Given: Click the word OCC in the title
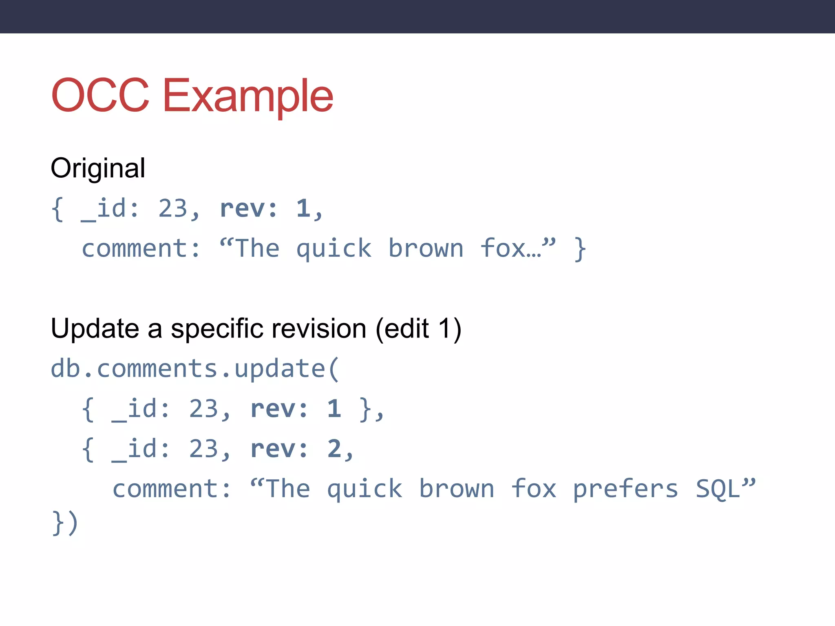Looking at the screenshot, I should point(100,95).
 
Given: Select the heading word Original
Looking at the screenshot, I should point(98,168).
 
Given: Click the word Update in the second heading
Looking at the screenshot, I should point(95,328).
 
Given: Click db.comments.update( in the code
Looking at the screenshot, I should point(195,369).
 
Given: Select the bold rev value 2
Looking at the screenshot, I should point(334,449).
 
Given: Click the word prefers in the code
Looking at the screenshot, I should point(626,489).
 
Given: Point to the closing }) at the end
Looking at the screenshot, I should point(65,522).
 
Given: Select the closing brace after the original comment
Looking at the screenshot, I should point(580,249).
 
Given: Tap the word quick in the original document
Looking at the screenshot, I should point(334,249).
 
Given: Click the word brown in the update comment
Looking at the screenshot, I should point(457,489).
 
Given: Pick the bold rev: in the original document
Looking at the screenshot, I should point(249,209).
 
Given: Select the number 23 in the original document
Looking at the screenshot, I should point(173,209).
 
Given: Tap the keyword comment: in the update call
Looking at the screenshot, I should point(172,489).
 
